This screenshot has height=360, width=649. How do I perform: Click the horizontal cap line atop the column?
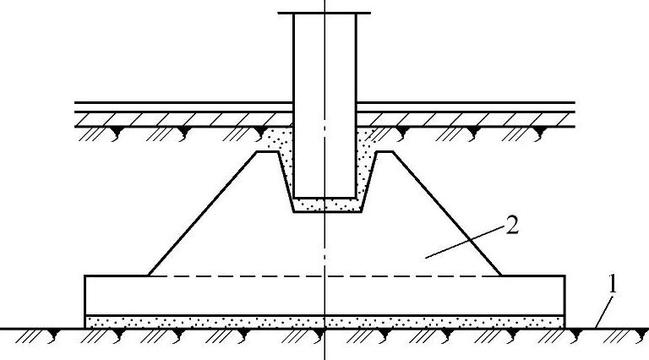click(324, 13)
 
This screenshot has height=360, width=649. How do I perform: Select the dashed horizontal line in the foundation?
click(254, 275)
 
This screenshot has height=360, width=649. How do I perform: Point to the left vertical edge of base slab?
click(85, 296)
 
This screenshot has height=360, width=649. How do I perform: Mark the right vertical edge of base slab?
click(564, 296)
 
